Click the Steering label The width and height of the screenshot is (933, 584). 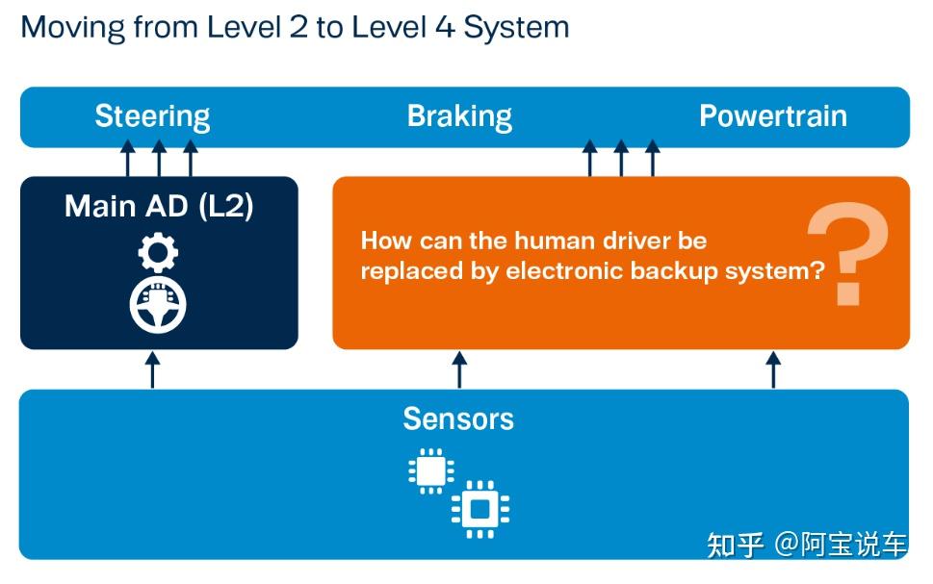click(x=152, y=116)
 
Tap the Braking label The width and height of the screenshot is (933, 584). click(x=459, y=116)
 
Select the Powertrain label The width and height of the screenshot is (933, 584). click(x=772, y=116)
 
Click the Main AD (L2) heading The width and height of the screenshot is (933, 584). click(x=159, y=206)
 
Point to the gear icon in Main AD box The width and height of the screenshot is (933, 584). click(x=158, y=253)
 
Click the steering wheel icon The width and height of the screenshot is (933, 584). click(x=158, y=304)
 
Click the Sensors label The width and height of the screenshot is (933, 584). click(x=458, y=419)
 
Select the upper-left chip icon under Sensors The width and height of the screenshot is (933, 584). click(x=430, y=470)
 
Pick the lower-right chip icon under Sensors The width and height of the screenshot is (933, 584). click(x=479, y=508)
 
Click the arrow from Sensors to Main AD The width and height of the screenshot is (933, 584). click(x=152, y=369)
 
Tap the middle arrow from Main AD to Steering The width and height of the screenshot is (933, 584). click(x=159, y=159)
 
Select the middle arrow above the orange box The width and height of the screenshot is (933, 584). click(x=621, y=159)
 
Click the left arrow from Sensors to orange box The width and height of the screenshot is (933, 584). click(x=459, y=369)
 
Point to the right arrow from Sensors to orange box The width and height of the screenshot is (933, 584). click(x=772, y=369)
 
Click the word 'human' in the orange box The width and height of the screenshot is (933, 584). click(x=551, y=241)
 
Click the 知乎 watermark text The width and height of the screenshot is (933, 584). click(x=737, y=545)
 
